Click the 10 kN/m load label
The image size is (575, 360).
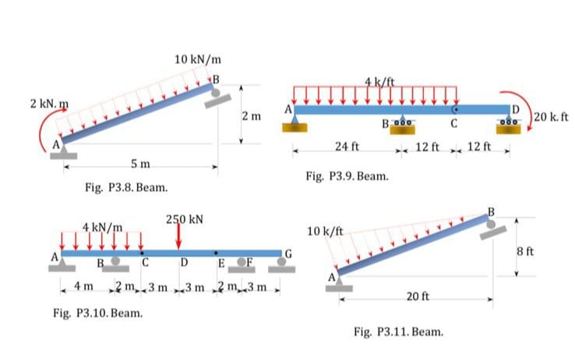198,59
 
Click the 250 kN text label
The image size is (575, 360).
185,219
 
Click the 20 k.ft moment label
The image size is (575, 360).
553,117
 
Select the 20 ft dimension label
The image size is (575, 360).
417,297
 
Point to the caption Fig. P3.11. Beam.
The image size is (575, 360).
398,332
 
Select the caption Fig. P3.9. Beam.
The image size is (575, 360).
348,176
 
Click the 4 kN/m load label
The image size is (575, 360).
103,227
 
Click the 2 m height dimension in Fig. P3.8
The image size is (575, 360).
250,116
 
